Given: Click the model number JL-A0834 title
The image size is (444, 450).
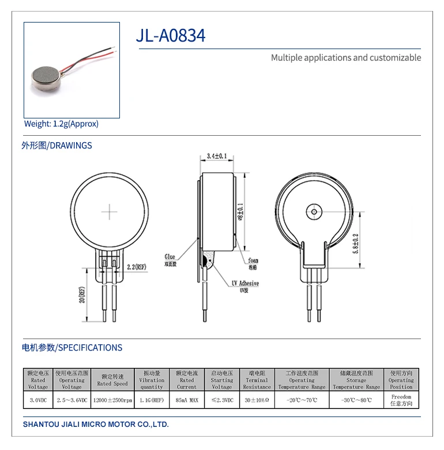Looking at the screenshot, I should tap(170, 36).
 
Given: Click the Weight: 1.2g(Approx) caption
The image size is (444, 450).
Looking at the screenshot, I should tap(61, 124).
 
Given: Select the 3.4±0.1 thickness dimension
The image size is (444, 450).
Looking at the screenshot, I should tap(217, 156).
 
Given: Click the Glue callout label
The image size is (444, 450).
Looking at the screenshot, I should tap(170, 256).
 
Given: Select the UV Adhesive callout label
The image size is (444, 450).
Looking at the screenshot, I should tap(245, 284).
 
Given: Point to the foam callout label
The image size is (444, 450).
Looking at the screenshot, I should tap(254, 261).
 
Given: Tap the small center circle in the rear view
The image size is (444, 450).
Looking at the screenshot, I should tap(314, 211).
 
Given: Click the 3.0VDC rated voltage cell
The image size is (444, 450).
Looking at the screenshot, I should tap(38, 400).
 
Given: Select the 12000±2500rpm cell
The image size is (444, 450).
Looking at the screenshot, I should tap(112, 400).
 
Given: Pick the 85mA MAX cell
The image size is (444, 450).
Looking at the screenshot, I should tap(186, 400).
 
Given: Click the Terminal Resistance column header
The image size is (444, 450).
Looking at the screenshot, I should tap(257, 380).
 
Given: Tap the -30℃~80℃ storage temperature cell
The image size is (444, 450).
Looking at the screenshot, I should tap(356, 400).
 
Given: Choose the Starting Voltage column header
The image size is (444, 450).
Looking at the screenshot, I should tap(221, 380).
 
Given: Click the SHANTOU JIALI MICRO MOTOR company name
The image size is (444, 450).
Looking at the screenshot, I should tap(96, 425).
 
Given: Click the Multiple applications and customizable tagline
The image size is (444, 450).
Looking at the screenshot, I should tap(346, 58).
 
